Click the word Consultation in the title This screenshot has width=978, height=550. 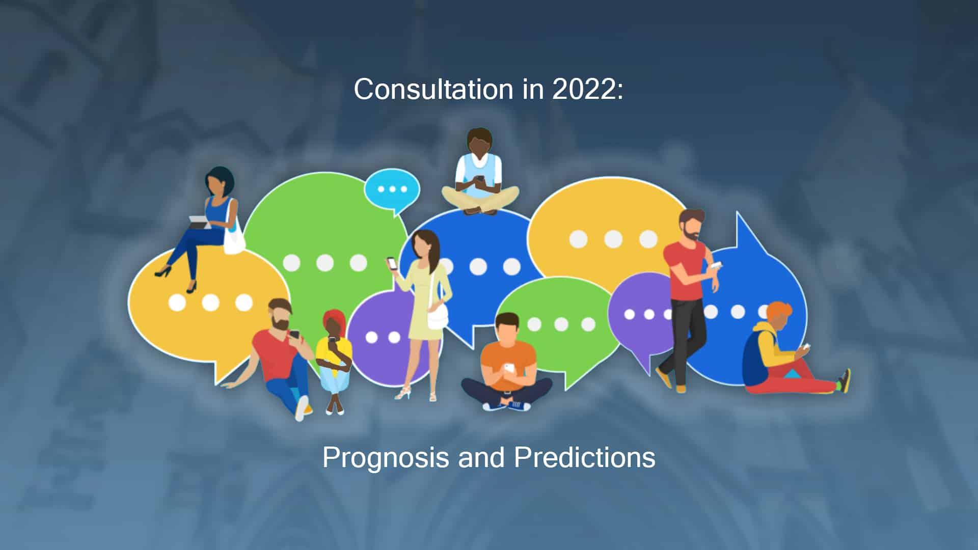[433, 89]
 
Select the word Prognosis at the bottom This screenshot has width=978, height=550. [386, 458]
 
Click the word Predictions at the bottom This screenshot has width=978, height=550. [585, 457]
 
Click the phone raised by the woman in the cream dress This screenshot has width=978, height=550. [392, 263]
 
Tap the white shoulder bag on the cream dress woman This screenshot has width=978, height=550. [438, 316]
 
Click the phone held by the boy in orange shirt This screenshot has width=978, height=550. [509, 367]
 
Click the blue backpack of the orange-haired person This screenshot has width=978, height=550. [755, 359]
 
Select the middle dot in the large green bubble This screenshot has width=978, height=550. [325, 263]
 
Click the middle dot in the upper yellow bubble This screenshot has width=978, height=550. [613, 239]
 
